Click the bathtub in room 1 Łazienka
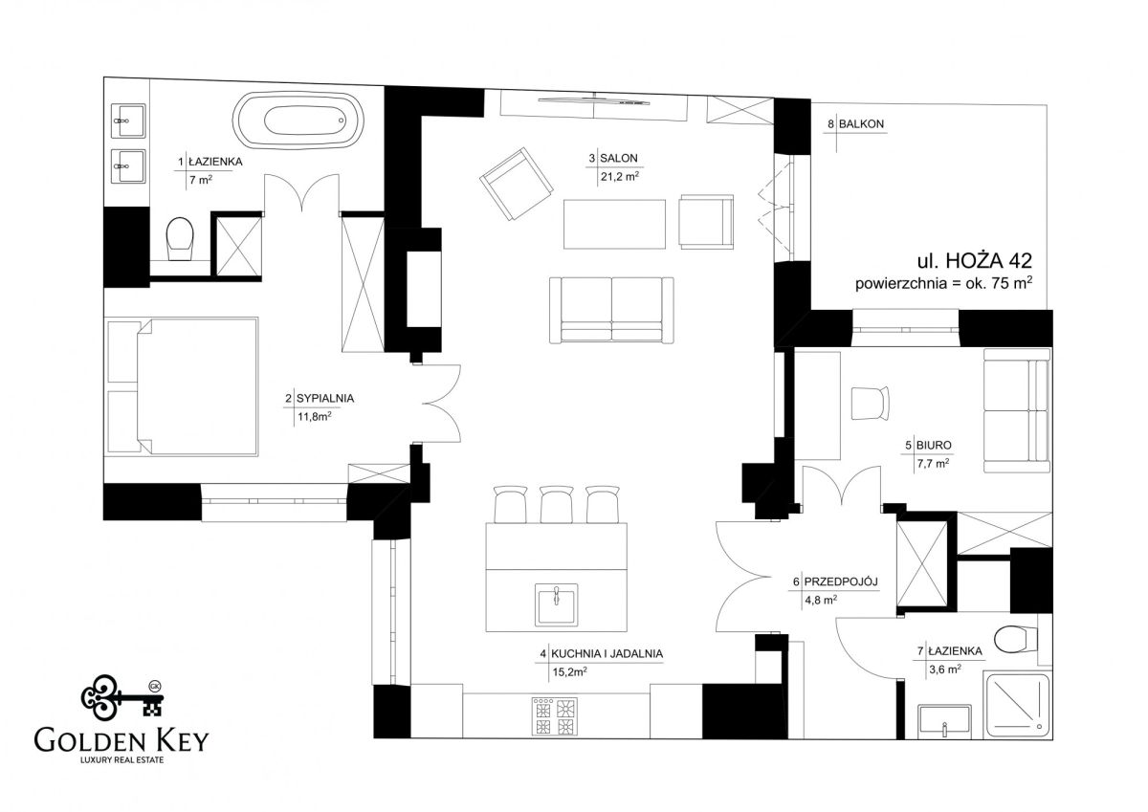tap(298, 121)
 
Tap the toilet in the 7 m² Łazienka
tap(180, 239)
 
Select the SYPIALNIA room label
tap(325, 398)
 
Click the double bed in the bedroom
tap(197, 386)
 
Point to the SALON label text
tap(619, 159)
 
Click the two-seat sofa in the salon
tap(611, 311)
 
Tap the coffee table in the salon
tap(614, 224)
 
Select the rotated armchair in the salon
tap(516, 184)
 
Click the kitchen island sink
tap(556, 604)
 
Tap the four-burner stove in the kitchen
tap(555, 717)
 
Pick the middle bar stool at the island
tap(557, 504)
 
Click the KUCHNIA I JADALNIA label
tap(607, 653)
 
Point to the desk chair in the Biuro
tap(870, 404)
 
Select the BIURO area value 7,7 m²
tap(933, 464)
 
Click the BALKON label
tap(862, 124)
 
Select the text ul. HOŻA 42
tap(974, 261)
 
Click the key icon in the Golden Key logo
tap(122, 698)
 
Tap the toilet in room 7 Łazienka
tap(1009, 639)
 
